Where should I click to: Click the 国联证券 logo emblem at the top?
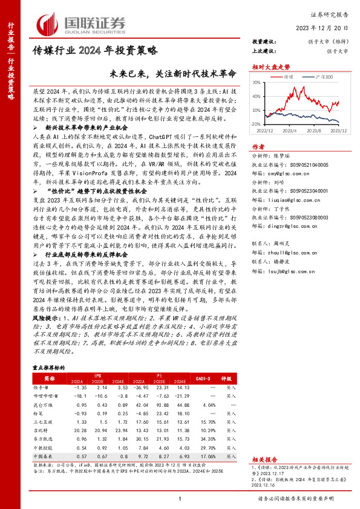point(50,23)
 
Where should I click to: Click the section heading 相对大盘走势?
point(267,68)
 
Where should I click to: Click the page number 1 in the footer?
point(180,499)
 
